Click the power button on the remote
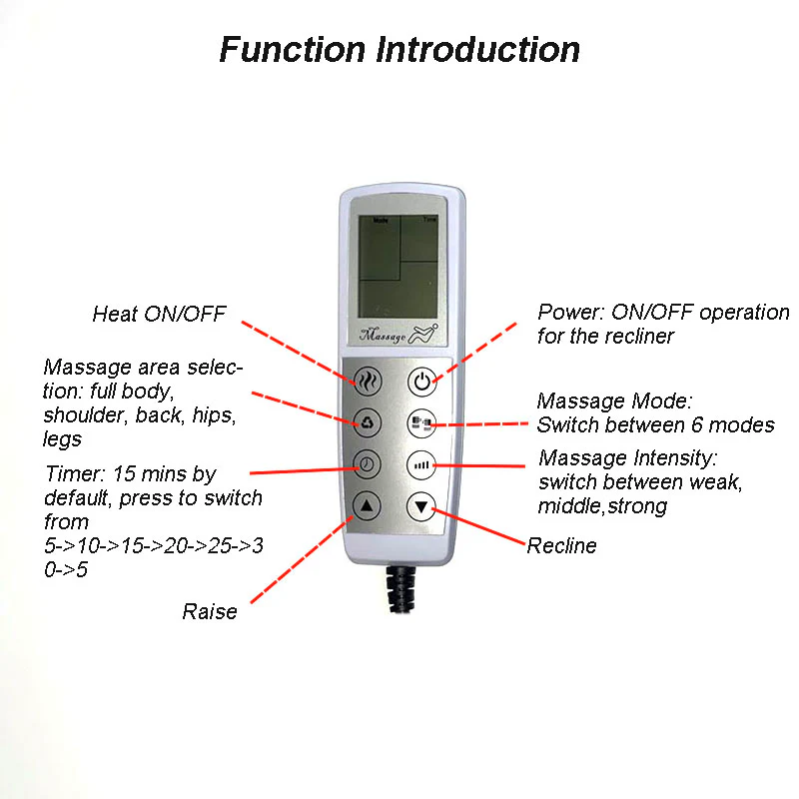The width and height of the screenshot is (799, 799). pyautogui.click(x=422, y=381)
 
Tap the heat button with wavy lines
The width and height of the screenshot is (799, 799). pyautogui.click(x=367, y=381)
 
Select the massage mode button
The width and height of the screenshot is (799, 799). pyautogui.click(x=422, y=423)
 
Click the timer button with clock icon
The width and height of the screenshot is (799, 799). pyautogui.click(x=367, y=464)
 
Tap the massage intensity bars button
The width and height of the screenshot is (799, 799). pyautogui.click(x=422, y=464)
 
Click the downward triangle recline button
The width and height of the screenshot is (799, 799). pyautogui.click(x=422, y=507)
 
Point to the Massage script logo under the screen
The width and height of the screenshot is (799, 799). pyautogui.click(x=385, y=337)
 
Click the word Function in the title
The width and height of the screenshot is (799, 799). pyautogui.click(x=292, y=49)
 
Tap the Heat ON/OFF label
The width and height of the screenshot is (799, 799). pyautogui.click(x=159, y=314)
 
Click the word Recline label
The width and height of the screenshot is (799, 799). pyautogui.click(x=561, y=545)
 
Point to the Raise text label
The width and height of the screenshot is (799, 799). pyautogui.click(x=210, y=611)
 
